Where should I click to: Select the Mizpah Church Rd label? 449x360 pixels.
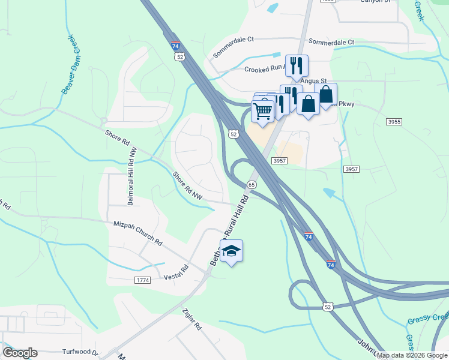(138, 233)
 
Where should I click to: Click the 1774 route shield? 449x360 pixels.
(142, 280)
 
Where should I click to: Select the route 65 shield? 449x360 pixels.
(252, 185)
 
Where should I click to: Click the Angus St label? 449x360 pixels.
(313, 81)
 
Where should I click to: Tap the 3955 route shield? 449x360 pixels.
(394, 122)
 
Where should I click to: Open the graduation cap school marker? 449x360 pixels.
(231, 251)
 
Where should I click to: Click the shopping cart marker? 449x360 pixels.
(262, 111)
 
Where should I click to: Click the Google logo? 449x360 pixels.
(20, 352)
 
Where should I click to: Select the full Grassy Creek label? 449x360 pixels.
(427, 321)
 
